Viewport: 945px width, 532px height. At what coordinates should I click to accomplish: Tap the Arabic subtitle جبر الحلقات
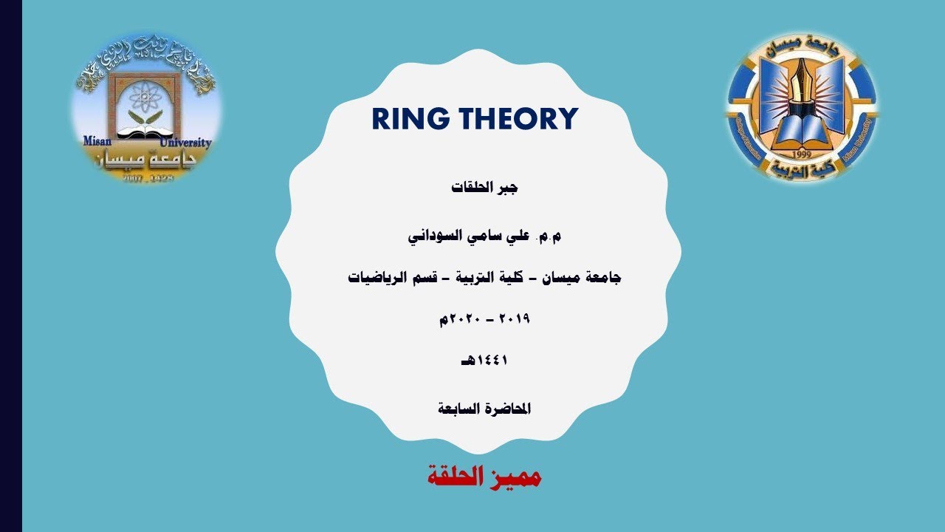(x=484, y=188)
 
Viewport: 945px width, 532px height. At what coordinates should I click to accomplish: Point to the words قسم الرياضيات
(x=394, y=278)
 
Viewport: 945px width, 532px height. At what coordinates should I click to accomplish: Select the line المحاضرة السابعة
(x=484, y=408)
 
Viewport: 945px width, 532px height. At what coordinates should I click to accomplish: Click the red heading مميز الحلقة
(x=484, y=477)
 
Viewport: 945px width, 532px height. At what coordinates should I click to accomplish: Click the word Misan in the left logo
(x=97, y=142)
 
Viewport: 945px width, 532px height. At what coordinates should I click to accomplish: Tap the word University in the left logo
(x=185, y=142)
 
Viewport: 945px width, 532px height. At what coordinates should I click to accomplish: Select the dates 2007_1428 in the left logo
(x=148, y=178)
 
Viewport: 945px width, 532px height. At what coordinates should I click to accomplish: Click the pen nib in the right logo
(x=802, y=78)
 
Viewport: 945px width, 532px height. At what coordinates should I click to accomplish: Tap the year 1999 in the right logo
(x=802, y=155)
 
